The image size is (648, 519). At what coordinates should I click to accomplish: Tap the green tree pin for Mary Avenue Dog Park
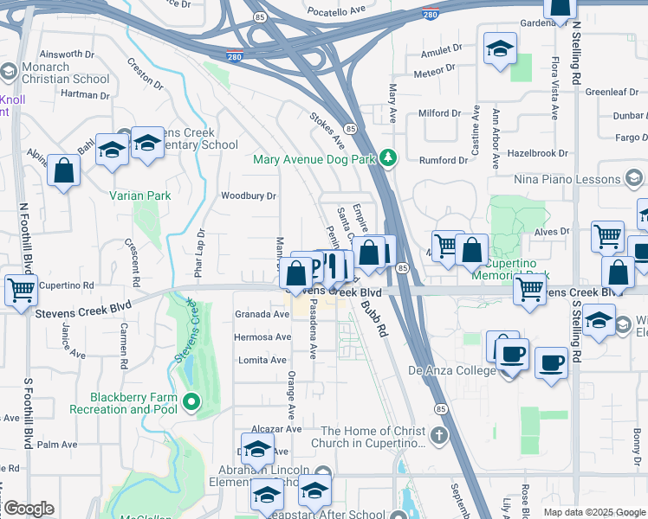click(x=389, y=157)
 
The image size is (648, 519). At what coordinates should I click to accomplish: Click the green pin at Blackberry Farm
click(x=191, y=400)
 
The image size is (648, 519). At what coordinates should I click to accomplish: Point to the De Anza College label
click(x=452, y=370)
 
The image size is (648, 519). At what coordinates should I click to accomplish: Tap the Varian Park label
click(x=139, y=195)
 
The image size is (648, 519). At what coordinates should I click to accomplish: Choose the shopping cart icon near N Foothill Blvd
click(x=21, y=289)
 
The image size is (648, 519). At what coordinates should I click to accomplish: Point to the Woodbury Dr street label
click(x=248, y=196)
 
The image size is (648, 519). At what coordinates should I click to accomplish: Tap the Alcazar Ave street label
click(x=275, y=429)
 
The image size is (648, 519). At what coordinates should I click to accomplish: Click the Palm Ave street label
click(x=58, y=445)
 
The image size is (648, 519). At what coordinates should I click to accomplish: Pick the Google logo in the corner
click(x=28, y=509)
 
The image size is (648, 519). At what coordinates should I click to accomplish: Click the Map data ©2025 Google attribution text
click(x=593, y=512)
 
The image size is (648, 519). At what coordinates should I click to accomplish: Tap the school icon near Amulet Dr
click(x=500, y=48)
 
